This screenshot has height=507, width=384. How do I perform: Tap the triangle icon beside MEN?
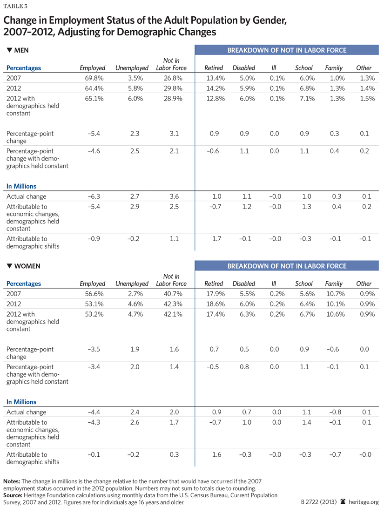9,50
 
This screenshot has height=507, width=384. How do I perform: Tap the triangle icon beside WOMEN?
9,266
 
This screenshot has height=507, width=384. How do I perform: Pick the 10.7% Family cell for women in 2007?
334,293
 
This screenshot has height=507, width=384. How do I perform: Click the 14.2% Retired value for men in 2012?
214,88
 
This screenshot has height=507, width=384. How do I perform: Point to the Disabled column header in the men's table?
243,68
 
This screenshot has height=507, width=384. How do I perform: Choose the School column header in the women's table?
304,284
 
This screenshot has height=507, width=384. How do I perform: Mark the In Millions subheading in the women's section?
21,402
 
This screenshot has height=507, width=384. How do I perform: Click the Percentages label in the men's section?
24,68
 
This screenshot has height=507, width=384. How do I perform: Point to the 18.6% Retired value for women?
214,304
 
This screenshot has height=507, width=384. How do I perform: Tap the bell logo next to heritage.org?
343,501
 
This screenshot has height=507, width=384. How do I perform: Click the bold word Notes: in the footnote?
13,481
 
